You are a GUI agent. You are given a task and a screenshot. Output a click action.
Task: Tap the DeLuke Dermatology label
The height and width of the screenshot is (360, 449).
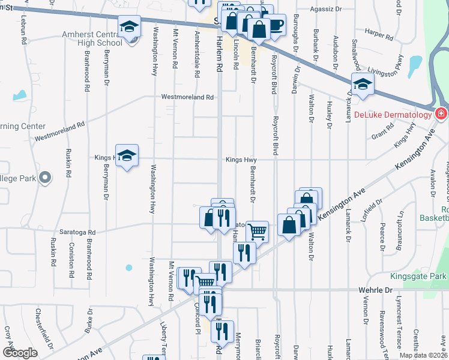393,114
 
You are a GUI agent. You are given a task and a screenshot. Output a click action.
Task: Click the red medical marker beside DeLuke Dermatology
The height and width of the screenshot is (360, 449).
441,113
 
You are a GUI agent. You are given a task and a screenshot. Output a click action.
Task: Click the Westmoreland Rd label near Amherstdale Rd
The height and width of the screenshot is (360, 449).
187,97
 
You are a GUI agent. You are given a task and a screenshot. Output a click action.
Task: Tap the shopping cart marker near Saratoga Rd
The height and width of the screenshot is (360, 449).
257,230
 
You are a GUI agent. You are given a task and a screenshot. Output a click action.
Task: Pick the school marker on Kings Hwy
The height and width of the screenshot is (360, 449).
127,155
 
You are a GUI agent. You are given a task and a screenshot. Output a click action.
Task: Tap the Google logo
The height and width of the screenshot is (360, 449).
20,353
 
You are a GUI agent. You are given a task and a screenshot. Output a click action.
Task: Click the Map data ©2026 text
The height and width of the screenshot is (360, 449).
423,355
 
